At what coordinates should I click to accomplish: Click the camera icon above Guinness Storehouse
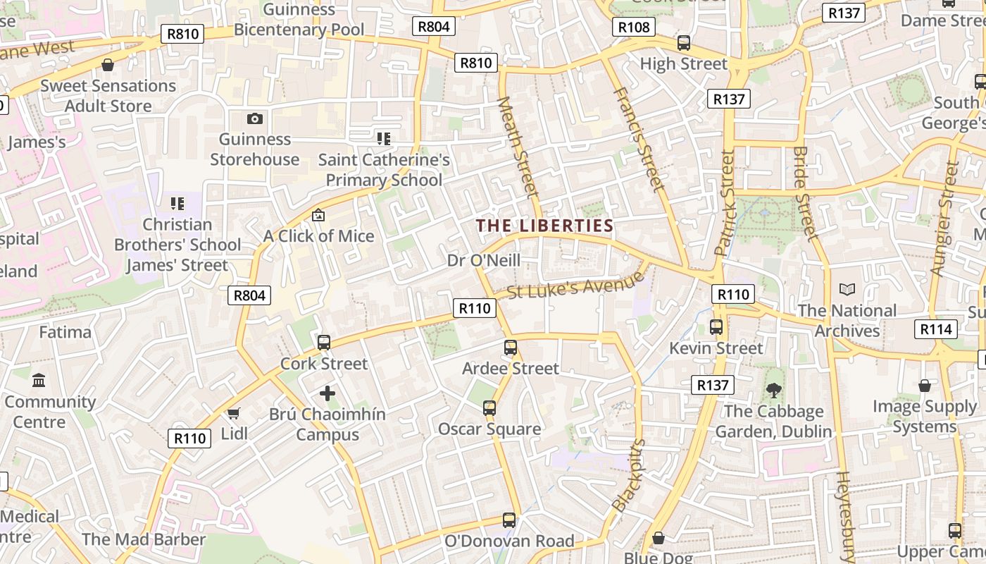(x=255, y=118)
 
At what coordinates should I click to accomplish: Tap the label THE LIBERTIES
(x=544, y=226)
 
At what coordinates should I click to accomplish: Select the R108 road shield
(x=633, y=27)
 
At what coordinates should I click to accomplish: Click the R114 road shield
(x=935, y=329)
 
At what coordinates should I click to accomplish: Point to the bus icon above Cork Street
(x=324, y=343)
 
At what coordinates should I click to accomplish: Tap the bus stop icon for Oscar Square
(x=489, y=408)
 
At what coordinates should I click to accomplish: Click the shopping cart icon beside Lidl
(x=234, y=413)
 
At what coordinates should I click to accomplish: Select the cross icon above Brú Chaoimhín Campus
(x=327, y=393)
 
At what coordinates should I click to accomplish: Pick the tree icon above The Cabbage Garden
(x=774, y=391)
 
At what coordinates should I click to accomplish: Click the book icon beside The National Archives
(x=847, y=290)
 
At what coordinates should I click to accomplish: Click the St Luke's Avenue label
(x=575, y=284)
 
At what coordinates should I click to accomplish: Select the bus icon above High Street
(x=683, y=43)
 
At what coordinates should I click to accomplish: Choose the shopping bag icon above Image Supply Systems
(x=925, y=386)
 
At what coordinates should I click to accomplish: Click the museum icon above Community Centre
(x=39, y=381)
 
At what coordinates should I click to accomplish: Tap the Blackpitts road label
(x=629, y=476)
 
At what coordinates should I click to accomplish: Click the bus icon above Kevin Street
(x=716, y=327)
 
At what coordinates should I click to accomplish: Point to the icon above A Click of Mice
(x=318, y=215)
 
